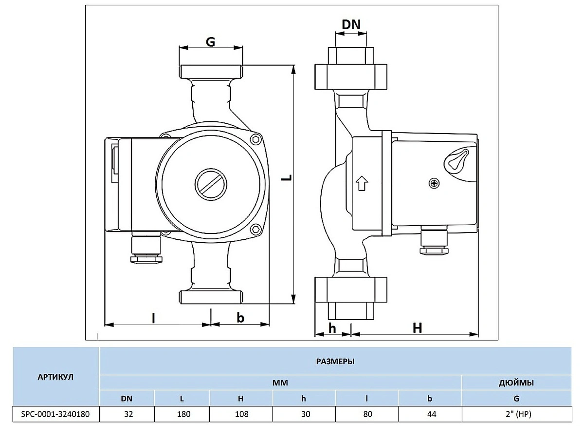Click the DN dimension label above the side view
351,25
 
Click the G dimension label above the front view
210,42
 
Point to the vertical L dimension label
287,177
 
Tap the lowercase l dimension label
154,318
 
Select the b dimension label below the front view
240,318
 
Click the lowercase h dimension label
332,329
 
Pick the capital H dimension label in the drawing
417,328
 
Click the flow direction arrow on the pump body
362,183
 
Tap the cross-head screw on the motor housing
434,183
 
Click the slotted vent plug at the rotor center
211,184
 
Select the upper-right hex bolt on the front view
256,140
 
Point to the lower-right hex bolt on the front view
256,230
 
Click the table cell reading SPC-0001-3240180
55,414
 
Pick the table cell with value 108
241,414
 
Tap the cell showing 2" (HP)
517,414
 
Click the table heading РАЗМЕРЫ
335,362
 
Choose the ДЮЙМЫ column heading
516,383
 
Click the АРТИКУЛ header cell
55,377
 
